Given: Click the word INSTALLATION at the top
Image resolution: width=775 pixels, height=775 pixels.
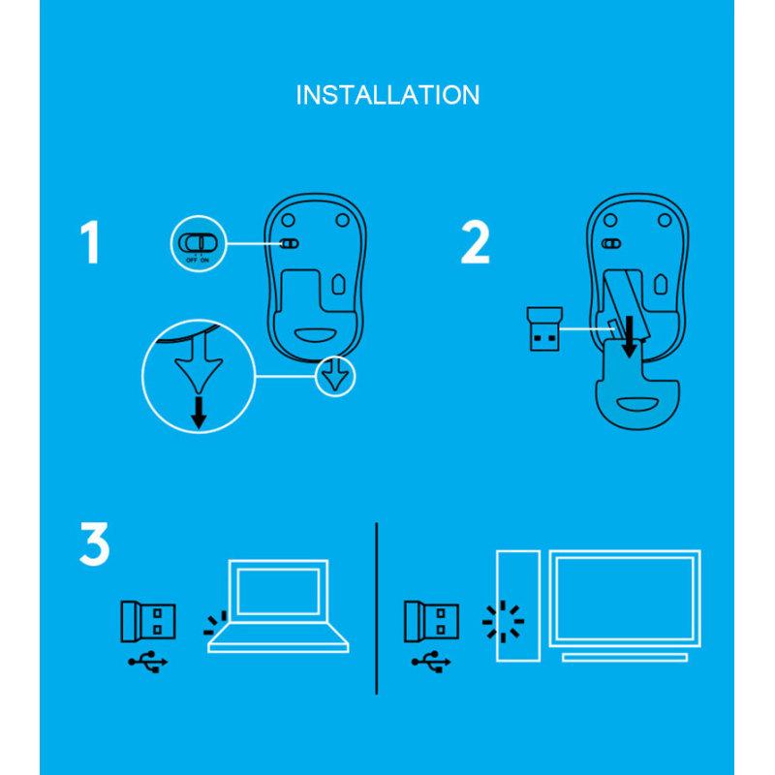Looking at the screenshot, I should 387,95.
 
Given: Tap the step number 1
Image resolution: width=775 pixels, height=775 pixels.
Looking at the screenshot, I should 90,242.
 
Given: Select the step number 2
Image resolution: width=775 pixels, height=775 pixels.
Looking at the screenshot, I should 474,242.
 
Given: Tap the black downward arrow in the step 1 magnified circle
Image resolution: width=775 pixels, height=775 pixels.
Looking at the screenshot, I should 199,412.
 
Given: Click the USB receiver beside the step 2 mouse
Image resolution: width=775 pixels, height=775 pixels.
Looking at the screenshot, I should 542,329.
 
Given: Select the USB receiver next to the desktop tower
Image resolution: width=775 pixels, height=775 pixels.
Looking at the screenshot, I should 432,620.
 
